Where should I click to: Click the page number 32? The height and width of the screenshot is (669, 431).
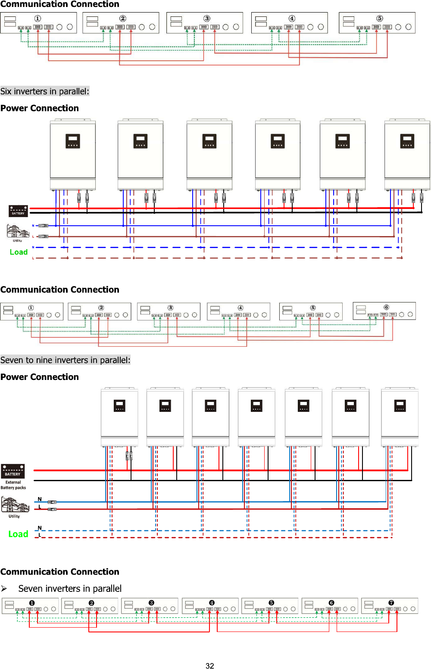[210, 666]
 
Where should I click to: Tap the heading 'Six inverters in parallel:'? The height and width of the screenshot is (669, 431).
[45, 91]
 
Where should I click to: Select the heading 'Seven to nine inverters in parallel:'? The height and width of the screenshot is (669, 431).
[65, 360]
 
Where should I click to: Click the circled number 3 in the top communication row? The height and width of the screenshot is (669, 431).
[207, 19]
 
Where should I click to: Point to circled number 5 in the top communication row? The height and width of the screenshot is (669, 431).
[379, 19]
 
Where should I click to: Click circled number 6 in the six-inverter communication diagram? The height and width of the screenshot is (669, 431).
[386, 307]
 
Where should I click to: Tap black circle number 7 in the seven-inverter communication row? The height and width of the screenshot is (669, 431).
[391, 603]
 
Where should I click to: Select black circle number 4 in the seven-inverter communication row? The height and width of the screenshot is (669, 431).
[212, 603]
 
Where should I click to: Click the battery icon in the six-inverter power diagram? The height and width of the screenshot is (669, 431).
[18, 211]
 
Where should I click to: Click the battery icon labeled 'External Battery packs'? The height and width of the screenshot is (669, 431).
[12, 471]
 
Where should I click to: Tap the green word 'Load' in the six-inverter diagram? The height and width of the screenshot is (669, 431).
[19, 252]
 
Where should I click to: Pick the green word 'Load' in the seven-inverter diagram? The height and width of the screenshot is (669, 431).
[18, 534]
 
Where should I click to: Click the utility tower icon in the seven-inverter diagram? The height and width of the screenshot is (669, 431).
[15, 504]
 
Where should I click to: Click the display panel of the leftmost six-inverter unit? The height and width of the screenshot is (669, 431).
[72, 141]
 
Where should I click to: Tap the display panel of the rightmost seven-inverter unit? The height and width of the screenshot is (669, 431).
[400, 406]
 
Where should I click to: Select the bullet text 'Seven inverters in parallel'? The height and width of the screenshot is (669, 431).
[70, 588]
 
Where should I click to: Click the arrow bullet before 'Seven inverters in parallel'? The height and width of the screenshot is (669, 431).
[4, 588]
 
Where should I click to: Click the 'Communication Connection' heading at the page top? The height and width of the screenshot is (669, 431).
[59, 4]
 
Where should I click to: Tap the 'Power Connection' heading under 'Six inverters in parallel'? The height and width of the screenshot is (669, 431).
[40, 108]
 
